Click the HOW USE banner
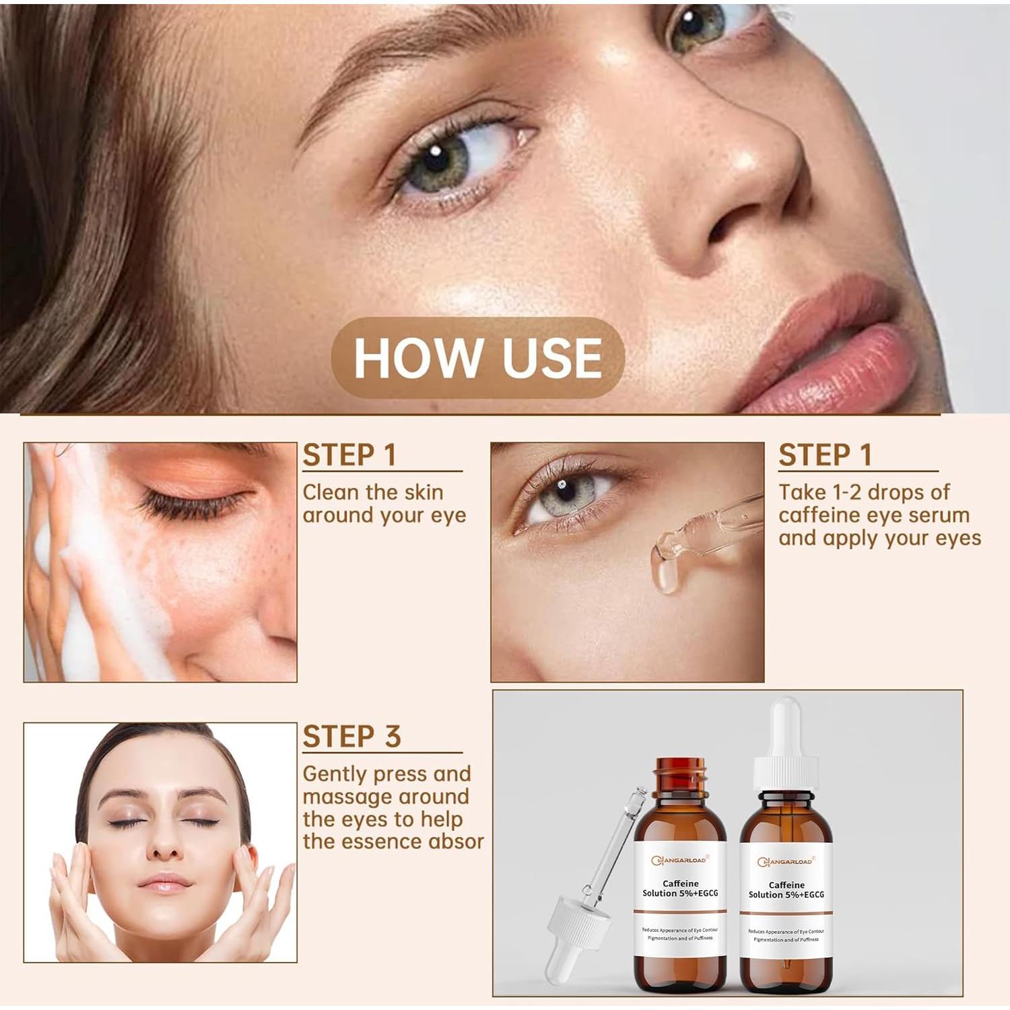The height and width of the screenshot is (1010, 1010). (477, 357)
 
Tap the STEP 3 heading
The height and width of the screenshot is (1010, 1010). (351, 736)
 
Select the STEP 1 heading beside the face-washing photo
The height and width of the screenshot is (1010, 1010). (349, 455)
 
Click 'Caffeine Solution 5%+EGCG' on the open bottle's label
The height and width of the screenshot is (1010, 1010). (680, 888)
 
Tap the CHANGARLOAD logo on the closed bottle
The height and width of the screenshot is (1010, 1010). (785, 862)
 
